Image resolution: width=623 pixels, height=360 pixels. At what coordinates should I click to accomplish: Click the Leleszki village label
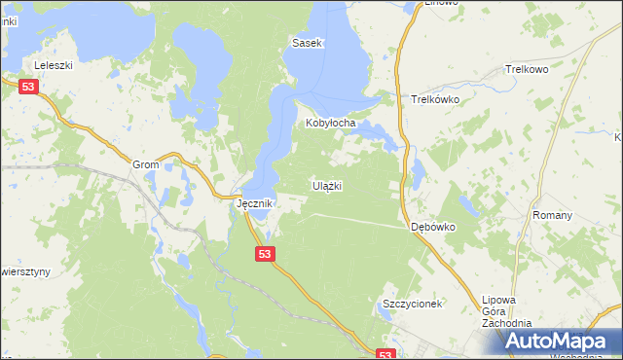[x=55, y=65]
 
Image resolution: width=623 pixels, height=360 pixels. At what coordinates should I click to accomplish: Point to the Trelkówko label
[x=434, y=99]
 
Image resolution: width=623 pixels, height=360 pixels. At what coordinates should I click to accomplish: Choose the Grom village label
[x=145, y=165]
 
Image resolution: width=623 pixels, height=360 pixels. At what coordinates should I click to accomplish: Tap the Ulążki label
[x=326, y=185]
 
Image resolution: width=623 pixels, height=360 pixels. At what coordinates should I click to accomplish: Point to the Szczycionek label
[x=412, y=304]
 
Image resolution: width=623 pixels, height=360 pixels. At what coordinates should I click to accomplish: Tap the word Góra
[x=496, y=311]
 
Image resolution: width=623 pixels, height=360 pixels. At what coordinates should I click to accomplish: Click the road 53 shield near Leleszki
[x=29, y=88]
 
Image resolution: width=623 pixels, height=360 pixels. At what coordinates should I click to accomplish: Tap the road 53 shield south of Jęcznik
[x=267, y=253]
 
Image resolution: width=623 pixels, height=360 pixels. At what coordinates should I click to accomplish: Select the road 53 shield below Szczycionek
[x=385, y=355]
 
